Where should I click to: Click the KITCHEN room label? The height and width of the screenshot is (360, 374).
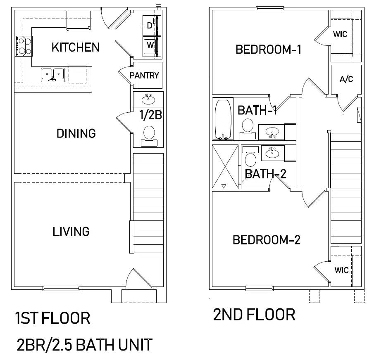click(x=75, y=47)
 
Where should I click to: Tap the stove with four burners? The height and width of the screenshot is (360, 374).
click(x=24, y=46)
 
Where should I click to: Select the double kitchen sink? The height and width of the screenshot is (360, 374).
click(x=52, y=74)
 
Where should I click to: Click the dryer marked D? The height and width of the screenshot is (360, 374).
click(x=152, y=26)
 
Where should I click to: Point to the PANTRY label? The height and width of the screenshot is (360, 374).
click(x=144, y=76)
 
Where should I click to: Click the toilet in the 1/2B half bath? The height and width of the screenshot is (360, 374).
click(x=149, y=136)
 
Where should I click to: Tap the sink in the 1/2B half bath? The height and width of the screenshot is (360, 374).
click(x=148, y=99)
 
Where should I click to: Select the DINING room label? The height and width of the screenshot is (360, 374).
click(x=76, y=133)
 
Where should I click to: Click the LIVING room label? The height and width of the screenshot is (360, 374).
click(x=71, y=232)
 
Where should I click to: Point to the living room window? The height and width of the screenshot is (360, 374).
click(x=61, y=288)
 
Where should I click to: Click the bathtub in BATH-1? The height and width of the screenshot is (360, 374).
click(x=223, y=119)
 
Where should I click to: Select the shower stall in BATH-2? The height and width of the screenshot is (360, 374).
click(x=225, y=166)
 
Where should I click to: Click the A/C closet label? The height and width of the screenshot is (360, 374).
click(x=346, y=79)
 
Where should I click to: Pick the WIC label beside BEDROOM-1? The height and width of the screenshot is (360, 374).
click(x=340, y=34)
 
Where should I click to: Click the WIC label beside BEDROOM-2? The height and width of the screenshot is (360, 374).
click(x=342, y=270)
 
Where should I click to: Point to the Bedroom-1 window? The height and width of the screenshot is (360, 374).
click(x=270, y=9)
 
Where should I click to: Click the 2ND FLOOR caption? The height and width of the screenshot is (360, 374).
click(x=254, y=315)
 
